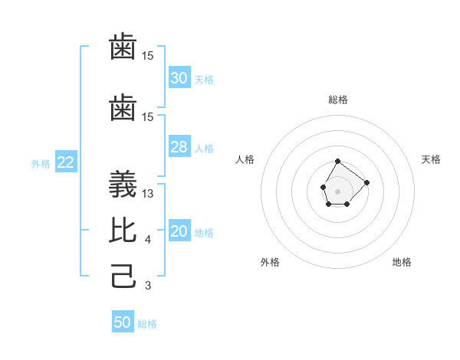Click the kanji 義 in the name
124,185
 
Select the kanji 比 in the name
124,229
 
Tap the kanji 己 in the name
124,275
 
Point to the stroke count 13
148,194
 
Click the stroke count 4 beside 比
147,240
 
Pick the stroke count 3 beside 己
147,286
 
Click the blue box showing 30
179,78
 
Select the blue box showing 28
179,147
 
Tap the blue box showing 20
179,231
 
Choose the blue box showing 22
65,162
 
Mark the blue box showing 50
123,322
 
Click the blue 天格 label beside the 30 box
204,79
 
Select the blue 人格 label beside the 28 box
204,148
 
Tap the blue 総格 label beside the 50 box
147,323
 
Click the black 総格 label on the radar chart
338,100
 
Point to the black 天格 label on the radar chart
432,159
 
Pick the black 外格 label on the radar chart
270,262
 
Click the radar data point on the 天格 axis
366,182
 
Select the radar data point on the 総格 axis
338,161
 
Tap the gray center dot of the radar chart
338,190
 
